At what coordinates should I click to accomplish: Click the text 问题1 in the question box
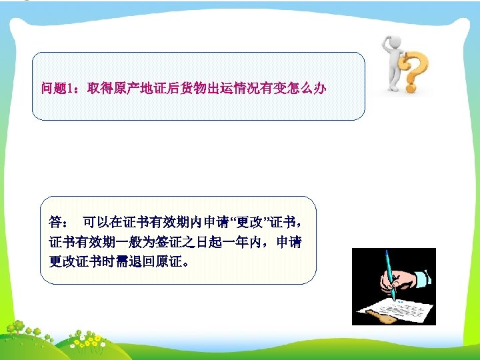coord(56,87)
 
